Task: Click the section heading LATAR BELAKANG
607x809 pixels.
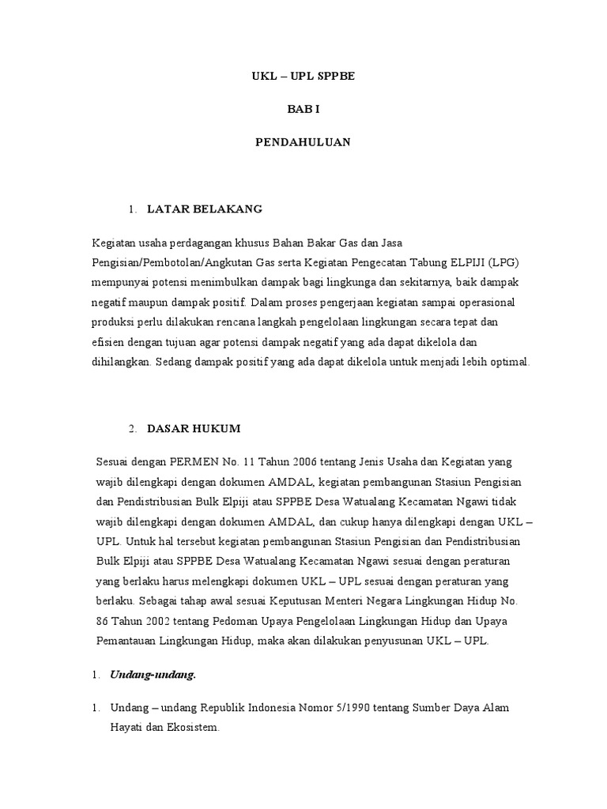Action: pyautogui.click(x=209, y=209)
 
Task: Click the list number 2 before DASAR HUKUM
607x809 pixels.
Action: pyautogui.click(x=132, y=428)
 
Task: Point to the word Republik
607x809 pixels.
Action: pyautogui.click(x=198, y=708)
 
